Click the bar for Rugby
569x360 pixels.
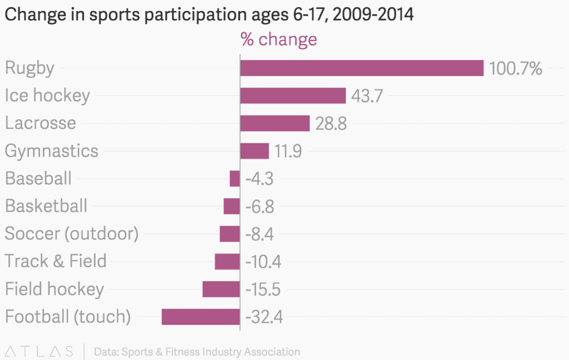click(x=362, y=68)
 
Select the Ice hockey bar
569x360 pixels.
click(x=293, y=96)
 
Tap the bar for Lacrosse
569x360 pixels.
click(x=274, y=123)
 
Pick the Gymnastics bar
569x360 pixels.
click(x=254, y=151)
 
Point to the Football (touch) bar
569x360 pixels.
click(x=201, y=317)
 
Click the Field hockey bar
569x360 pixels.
click(x=221, y=289)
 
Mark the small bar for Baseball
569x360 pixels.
click(x=234, y=178)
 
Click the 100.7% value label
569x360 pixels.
click(x=515, y=69)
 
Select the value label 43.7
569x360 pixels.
click(x=367, y=96)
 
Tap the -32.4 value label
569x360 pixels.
click(x=264, y=317)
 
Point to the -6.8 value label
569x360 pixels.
click(x=259, y=207)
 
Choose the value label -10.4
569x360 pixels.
click(x=263, y=262)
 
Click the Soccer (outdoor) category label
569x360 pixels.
click(x=71, y=233)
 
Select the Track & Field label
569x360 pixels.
click(x=56, y=261)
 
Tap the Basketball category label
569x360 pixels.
click(x=46, y=206)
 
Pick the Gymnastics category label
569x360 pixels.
click(x=52, y=151)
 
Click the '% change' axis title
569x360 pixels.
click(x=278, y=39)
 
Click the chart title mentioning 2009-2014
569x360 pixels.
click(x=209, y=14)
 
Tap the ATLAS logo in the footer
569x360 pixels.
click(x=39, y=351)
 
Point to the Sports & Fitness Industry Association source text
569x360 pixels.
click(x=197, y=352)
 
